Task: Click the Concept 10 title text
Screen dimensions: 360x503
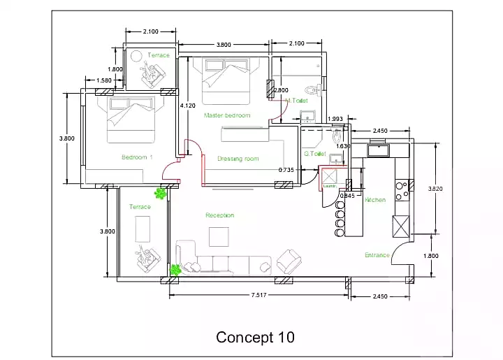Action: click(x=255, y=337)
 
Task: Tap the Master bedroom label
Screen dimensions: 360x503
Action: click(x=226, y=115)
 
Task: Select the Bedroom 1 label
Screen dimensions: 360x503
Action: click(x=137, y=157)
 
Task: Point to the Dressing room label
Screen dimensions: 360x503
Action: click(x=238, y=159)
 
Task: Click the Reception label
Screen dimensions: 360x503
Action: click(x=219, y=215)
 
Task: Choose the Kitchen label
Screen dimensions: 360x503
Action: click(x=375, y=200)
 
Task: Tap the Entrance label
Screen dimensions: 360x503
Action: click(x=377, y=255)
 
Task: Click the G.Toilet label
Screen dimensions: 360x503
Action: click(x=315, y=154)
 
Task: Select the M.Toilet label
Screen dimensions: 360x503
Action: click(x=297, y=101)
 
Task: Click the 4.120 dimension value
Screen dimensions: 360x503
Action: click(x=187, y=106)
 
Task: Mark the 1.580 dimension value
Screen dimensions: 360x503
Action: click(x=104, y=80)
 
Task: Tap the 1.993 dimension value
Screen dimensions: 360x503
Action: click(x=335, y=119)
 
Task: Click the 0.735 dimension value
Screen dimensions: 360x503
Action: click(x=286, y=170)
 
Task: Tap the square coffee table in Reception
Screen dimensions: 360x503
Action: click(x=218, y=238)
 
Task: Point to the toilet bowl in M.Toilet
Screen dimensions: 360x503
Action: click(x=315, y=89)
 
